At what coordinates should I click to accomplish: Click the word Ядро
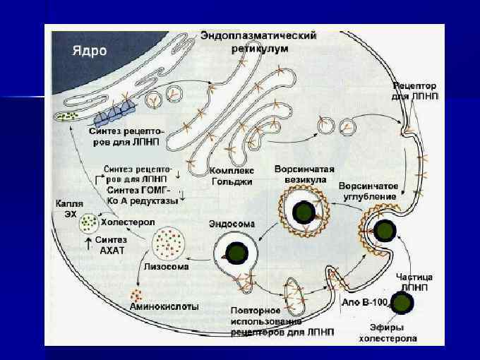click(90, 51)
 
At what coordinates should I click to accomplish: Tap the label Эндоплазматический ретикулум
click(258, 40)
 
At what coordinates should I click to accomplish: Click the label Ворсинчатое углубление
click(369, 191)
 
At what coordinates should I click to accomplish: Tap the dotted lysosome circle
click(169, 243)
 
